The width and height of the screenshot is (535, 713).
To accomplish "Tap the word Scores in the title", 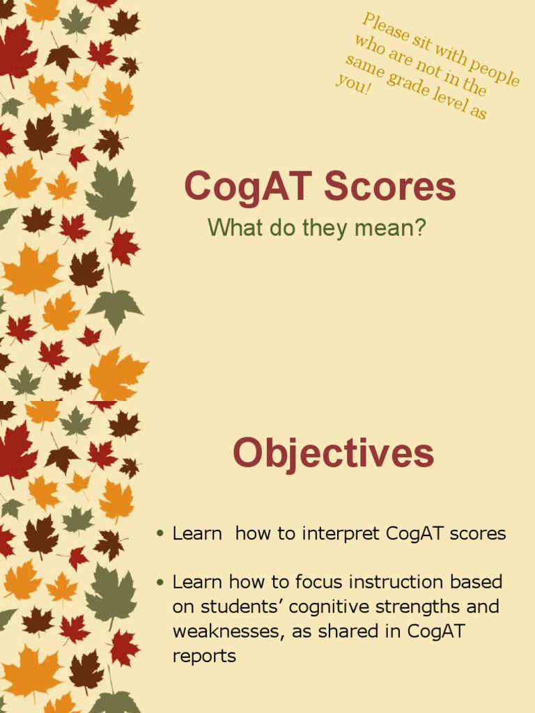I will click(390, 187).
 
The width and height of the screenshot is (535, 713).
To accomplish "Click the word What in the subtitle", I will click(233, 227).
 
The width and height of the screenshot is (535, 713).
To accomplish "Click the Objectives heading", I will click(333, 453).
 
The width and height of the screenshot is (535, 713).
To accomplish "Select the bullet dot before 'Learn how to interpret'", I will click(160, 534).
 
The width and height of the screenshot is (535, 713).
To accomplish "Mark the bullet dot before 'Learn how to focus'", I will click(160, 581).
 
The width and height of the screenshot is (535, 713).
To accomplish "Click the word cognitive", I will click(327, 606).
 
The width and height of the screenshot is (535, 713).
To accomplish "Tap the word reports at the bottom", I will click(204, 656).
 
